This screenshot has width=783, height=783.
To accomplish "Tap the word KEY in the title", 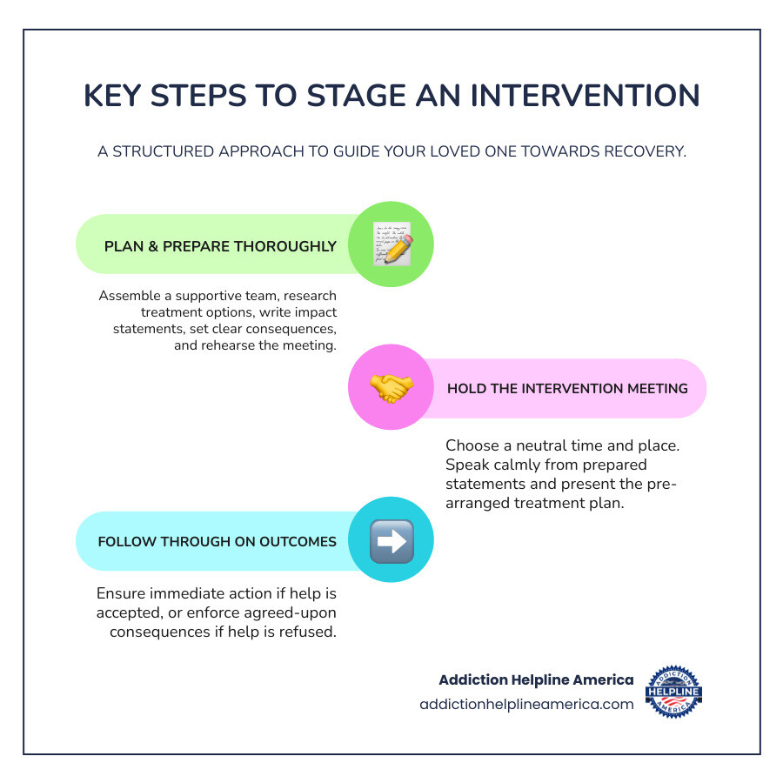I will point(113,96).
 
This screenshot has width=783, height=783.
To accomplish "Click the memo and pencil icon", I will point(391,244).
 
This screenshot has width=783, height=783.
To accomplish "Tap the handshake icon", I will point(391,388).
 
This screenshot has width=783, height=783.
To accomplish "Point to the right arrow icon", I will point(391,541).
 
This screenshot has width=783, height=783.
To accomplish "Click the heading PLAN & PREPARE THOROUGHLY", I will point(220,246).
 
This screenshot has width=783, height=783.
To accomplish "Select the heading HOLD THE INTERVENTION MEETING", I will point(567,388).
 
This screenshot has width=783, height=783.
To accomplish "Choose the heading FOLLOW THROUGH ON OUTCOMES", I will point(217,541).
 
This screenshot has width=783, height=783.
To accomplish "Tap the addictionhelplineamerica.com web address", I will point(526,705).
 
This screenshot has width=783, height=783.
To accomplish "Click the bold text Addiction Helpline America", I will point(536,679).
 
